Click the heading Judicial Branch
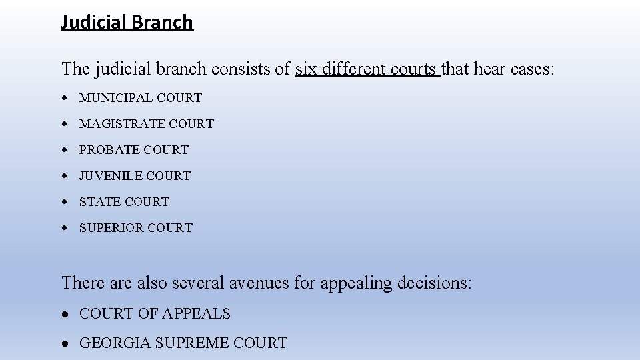[x=127, y=23]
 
